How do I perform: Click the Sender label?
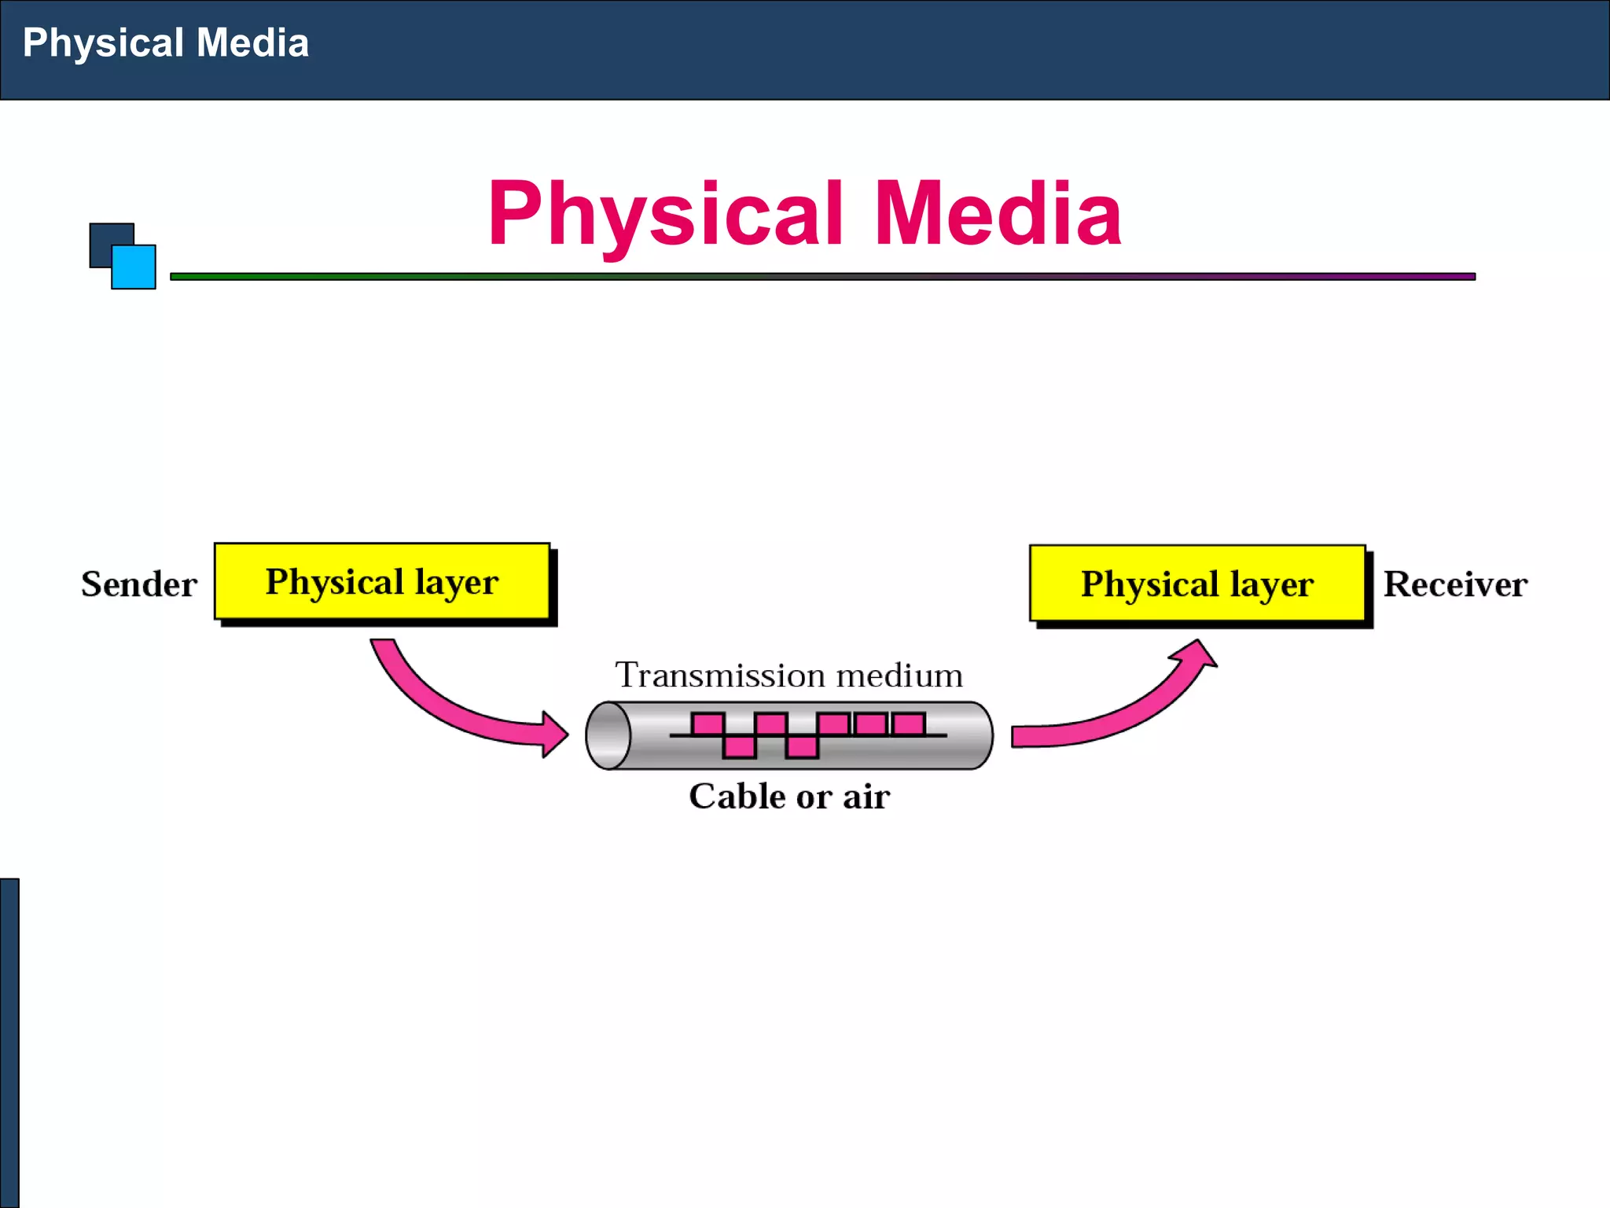pyautogui.click(x=139, y=584)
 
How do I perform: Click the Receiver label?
pyautogui.click(x=1455, y=584)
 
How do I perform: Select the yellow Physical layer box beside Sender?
pyautogui.click(x=382, y=582)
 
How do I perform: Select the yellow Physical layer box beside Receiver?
pyautogui.click(x=1196, y=584)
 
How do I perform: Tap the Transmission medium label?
pyautogui.click(x=788, y=675)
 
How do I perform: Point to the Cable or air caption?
pyautogui.click(x=789, y=796)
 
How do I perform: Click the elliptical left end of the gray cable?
pyautogui.click(x=608, y=735)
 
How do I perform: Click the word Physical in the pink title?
pyautogui.click(x=665, y=214)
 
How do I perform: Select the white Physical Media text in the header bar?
pyautogui.click(x=166, y=42)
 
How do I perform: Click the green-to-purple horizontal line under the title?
pyautogui.click(x=822, y=277)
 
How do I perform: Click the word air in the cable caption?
pyautogui.click(x=866, y=797)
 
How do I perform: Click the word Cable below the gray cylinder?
pyautogui.click(x=737, y=796)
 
